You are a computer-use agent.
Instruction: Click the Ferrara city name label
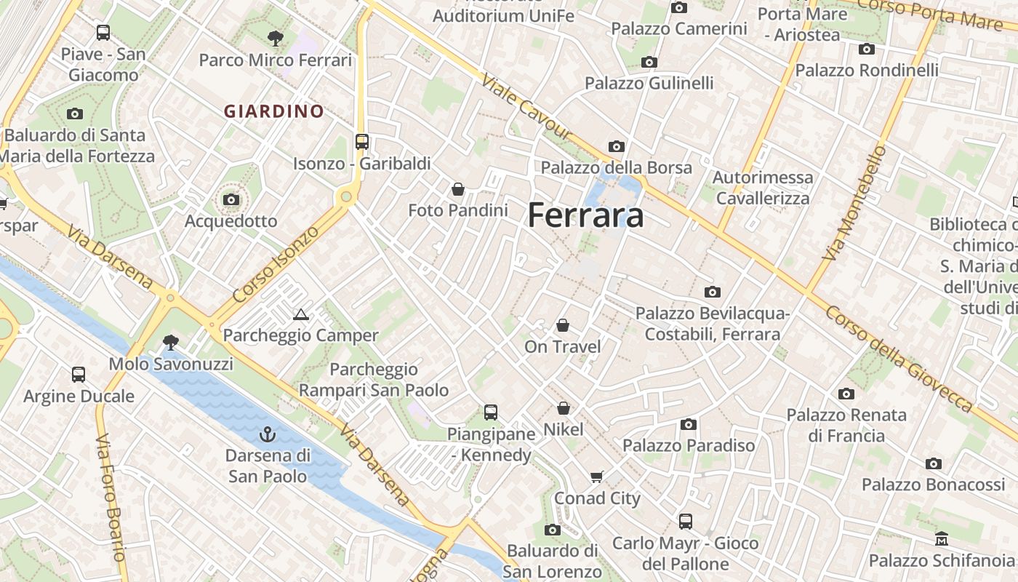pyautogui.click(x=585, y=215)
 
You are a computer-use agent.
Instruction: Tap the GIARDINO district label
pyautogui.click(x=273, y=111)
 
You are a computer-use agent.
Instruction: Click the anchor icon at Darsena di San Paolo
pyautogui.click(x=268, y=435)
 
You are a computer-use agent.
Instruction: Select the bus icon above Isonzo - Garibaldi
pyautogui.click(x=361, y=141)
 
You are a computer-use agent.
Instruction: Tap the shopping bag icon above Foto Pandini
pyautogui.click(x=458, y=189)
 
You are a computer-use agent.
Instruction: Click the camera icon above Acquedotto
pyautogui.click(x=231, y=199)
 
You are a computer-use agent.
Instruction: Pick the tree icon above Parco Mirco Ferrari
pyautogui.click(x=275, y=38)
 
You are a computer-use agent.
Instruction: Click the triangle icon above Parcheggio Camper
pyautogui.click(x=300, y=314)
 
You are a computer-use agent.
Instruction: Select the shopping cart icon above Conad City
pyautogui.click(x=597, y=477)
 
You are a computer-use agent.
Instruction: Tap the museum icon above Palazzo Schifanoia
pyautogui.click(x=942, y=539)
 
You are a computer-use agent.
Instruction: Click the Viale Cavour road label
pyautogui.click(x=526, y=108)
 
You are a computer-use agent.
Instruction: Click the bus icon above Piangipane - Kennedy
pyautogui.click(x=491, y=412)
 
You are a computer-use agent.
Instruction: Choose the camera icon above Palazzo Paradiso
pyautogui.click(x=688, y=424)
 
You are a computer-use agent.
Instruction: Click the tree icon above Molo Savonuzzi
pyautogui.click(x=171, y=342)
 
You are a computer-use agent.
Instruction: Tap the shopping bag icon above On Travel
pyautogui.click(x=562, y=325)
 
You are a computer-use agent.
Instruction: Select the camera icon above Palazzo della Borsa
pyautogui.click(x=616, y=146)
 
